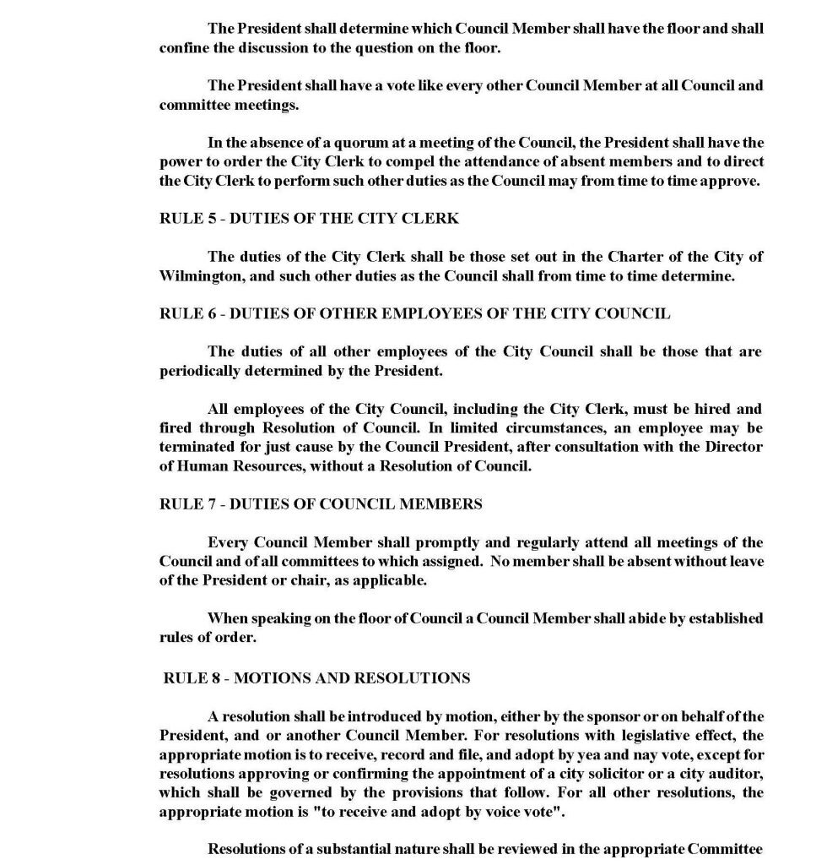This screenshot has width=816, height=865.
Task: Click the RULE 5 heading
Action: [309, 218]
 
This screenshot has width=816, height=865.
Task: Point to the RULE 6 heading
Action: [414, 313]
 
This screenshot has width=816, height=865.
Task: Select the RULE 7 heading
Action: [321, 504]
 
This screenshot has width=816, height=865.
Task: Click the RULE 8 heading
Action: [316, 678]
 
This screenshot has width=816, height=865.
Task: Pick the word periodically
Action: [199, 371]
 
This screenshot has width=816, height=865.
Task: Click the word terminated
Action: [197, 447]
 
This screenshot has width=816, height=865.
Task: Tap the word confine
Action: [184, 47]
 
